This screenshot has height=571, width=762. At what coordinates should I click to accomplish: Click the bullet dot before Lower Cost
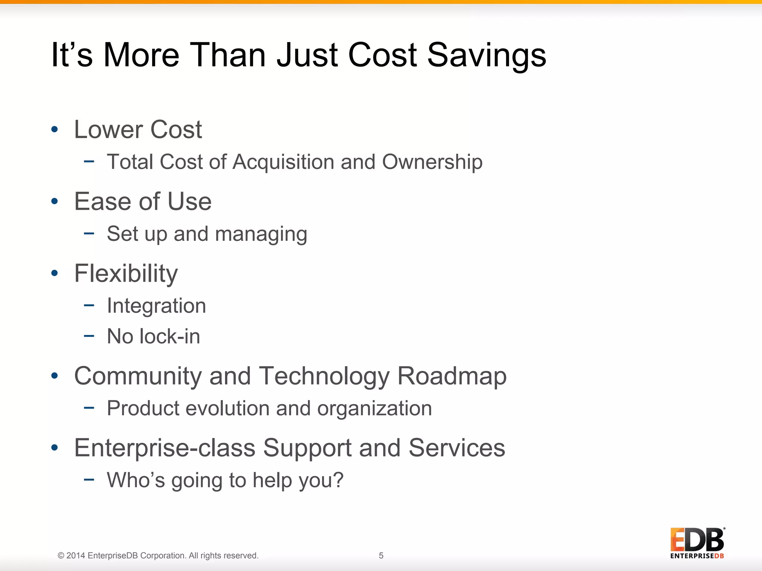click(55, 129)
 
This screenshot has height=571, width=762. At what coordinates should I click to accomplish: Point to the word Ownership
click(432, 162)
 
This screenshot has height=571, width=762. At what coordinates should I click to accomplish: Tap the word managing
click(261, 235)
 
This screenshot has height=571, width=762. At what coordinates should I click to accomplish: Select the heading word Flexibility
click(126, 274)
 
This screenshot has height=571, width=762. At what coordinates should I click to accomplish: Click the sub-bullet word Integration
click(156, 306)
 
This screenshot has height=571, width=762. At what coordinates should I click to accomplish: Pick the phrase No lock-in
click(153, 336)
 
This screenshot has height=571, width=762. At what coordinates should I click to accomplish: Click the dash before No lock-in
click(89, 336)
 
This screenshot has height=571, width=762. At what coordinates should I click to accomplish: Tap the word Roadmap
click(452, 376)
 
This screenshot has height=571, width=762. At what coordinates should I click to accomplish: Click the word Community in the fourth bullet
click(138, 376)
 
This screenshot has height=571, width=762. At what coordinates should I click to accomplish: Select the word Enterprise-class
click(165, 448)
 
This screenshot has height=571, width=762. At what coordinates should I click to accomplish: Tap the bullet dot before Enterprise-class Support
click(55, 448)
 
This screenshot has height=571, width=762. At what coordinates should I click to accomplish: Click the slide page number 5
click(381, 555)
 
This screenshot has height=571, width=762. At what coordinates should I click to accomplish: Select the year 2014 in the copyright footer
click(76, 555)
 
